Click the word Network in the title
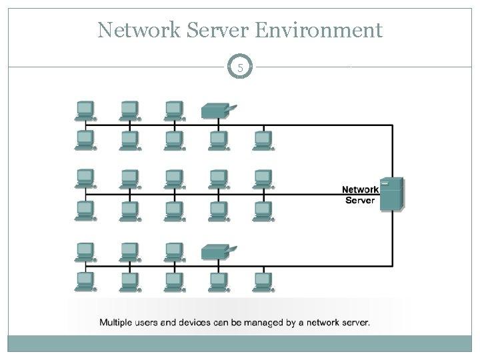click(139, 30)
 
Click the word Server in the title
click(217, 30)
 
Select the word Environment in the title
click(319, 30)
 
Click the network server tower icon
click(392, 194)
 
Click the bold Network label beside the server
click(360, 189)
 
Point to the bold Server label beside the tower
click(360, 200)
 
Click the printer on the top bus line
click(219, 111)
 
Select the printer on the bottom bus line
click(219, 251)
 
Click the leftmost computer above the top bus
click(85, 111)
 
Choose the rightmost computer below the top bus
click(263, 141)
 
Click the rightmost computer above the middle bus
click(263, 179)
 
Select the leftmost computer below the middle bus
click(85, 211)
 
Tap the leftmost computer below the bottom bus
click(85, 282)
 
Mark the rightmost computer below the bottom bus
click(263, 282)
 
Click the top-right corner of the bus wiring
click(393, 125)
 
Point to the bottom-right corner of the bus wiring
click(393, 266)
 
